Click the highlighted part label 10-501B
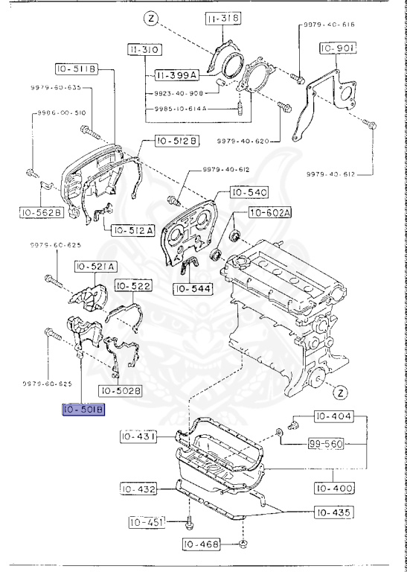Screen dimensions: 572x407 [84, 410]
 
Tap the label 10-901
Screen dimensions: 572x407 [339, 48]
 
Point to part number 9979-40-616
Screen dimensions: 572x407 [329, 25]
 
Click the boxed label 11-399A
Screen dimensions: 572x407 [175, 75]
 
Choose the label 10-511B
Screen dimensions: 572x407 [75, 69]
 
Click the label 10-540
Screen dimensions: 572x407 [248, 193]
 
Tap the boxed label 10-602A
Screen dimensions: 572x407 [269, 213]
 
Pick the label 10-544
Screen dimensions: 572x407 [193, 288]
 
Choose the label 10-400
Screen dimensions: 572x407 [333, 489]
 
